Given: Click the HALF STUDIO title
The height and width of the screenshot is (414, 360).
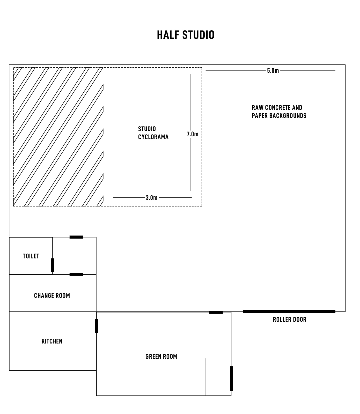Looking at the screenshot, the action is [x=186, y=35].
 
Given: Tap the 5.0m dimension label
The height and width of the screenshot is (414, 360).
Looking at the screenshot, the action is [x=273, y=71].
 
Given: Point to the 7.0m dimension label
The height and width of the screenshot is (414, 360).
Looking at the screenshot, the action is [x=193, y=134].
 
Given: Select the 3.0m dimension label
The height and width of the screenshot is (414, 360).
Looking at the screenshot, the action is [x=152, y=198].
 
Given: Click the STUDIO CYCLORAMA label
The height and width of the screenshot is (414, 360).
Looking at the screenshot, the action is [x=153, y=133].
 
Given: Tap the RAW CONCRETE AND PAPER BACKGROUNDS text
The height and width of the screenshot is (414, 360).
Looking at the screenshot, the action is [x=279, y=112].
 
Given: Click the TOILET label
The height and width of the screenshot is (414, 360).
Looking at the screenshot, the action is [x=31, y=256].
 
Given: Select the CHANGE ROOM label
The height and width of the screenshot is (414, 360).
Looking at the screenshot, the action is [x=52, y=295].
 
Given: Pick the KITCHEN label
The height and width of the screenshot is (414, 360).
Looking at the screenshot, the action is [x=52, y=341].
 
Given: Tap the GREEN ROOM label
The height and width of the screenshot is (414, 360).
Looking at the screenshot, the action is [x=161, y=357].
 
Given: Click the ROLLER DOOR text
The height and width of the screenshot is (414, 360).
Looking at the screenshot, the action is [x=290, y=320].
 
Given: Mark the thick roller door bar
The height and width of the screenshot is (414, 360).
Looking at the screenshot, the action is [x=289, y=312].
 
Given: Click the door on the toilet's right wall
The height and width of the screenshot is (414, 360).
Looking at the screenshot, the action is [x=53, y=265].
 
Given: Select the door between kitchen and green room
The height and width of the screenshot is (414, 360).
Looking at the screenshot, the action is [x=96, y=326].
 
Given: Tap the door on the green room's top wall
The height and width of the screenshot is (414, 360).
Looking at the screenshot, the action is [x=216, y=312].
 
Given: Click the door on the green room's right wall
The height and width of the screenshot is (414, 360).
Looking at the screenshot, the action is [x=231, y=379].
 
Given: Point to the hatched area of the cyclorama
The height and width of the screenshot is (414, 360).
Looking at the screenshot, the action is [x=58, y=137].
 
